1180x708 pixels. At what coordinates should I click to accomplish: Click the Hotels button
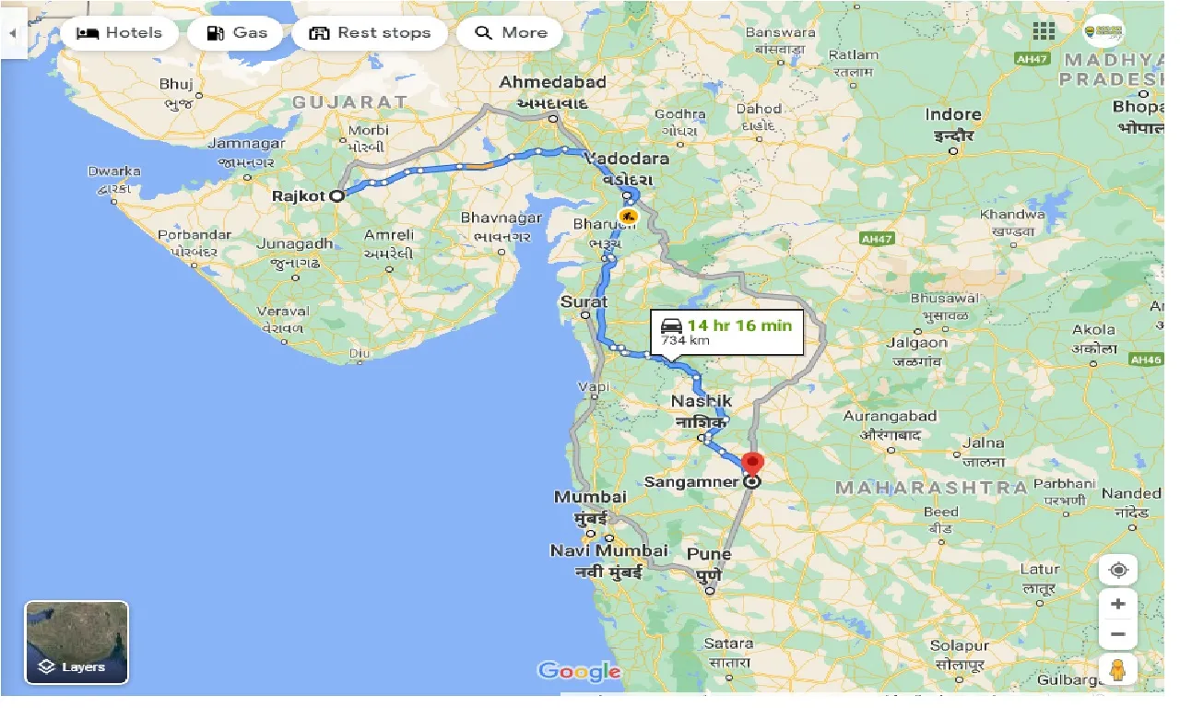pos(119,33)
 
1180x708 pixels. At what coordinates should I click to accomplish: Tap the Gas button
pos(237,33)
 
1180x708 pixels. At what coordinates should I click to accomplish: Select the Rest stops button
pos(370,33)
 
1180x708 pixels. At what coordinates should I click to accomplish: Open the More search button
pos(512,33)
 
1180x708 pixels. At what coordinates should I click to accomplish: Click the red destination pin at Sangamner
pos(753,464)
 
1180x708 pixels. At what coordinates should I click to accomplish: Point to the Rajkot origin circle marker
pos(337,195)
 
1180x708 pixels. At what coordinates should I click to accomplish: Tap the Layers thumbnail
pos(77,642)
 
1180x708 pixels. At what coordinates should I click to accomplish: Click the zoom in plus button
pos(1117,604)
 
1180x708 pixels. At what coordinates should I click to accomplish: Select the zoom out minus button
pos(1117,634)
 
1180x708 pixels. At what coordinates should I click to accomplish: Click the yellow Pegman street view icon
pos(1117,670)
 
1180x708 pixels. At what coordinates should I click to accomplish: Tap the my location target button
pos(1117,570)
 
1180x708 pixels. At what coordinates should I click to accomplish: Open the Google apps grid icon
pos(1044,31)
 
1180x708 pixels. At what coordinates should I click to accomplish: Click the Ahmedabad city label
pos(553,83)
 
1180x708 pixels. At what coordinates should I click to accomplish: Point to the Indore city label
pos(953,115)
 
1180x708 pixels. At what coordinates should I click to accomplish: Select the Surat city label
pos(584,301)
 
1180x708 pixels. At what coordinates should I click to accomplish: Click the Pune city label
pos(709,554)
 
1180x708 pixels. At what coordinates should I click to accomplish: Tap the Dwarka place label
pos(114,171)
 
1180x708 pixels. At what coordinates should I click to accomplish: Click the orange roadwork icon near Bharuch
pos(630,216)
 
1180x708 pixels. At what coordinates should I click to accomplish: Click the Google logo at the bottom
pos(579,671)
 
